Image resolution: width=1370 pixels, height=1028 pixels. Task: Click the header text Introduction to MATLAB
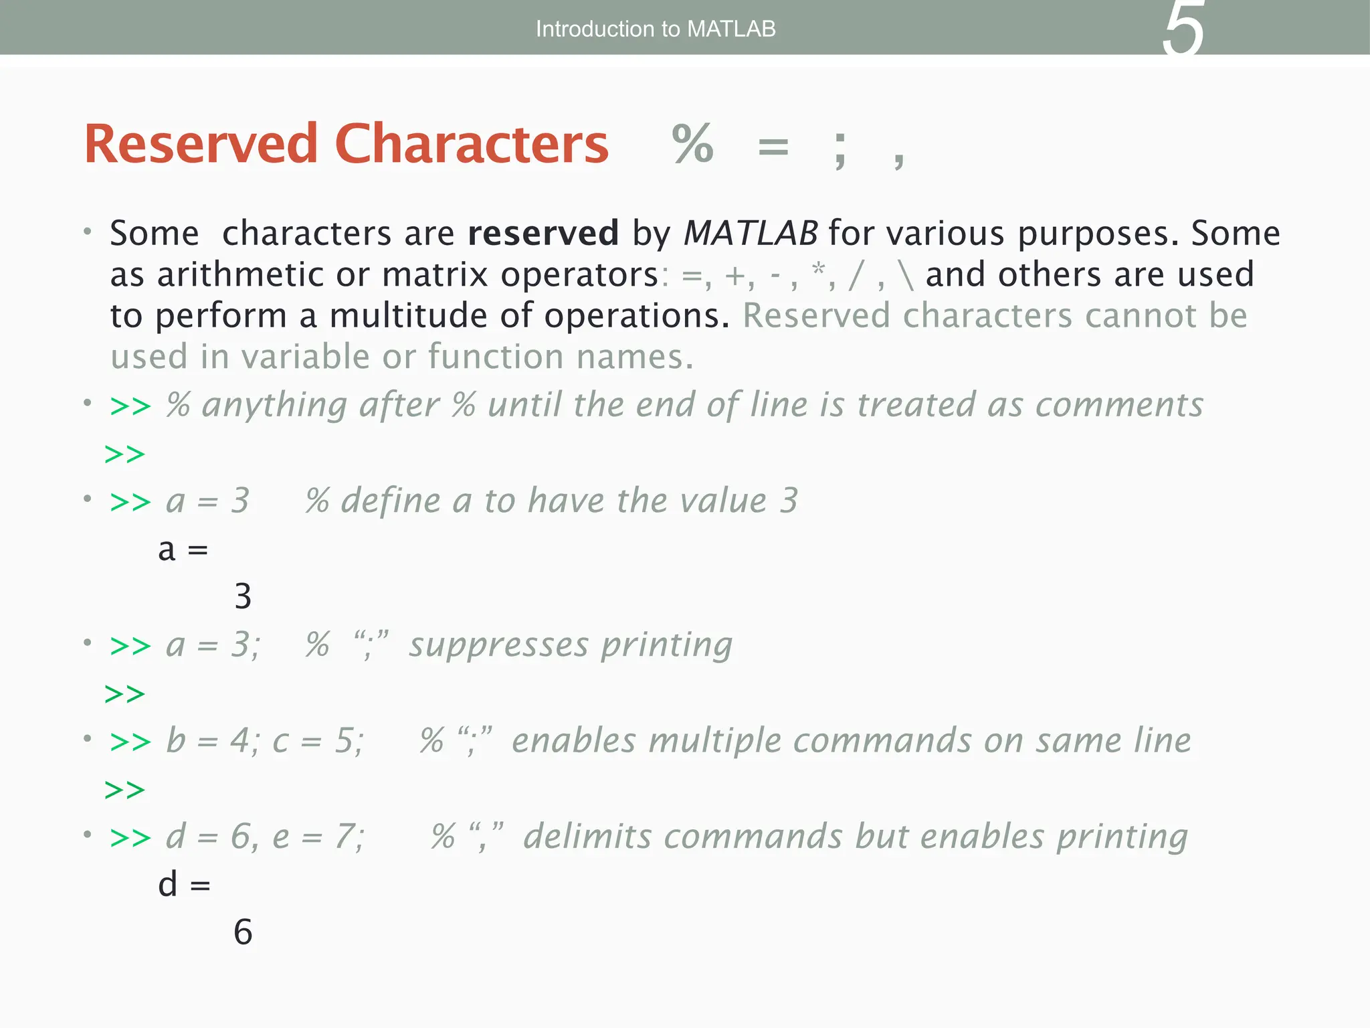tap(656, 29)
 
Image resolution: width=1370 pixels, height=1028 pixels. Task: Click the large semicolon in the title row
tap(840, 149)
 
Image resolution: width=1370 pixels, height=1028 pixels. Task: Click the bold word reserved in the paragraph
tap(543, 234)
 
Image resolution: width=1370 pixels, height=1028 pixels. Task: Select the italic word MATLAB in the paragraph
tap(751, 234)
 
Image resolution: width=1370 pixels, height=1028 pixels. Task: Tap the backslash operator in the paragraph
tap(906, 275)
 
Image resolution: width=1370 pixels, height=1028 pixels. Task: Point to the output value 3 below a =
tap(243, 596)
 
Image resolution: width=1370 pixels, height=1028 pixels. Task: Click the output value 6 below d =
tap(243, 932)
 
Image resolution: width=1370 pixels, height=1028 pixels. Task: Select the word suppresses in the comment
tap(499, 646)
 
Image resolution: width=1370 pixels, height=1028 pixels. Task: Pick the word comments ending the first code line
tap(1119, 406)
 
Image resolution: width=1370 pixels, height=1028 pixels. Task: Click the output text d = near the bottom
tap(184, 885)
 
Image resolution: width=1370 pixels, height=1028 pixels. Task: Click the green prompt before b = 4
tap(130, 742)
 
